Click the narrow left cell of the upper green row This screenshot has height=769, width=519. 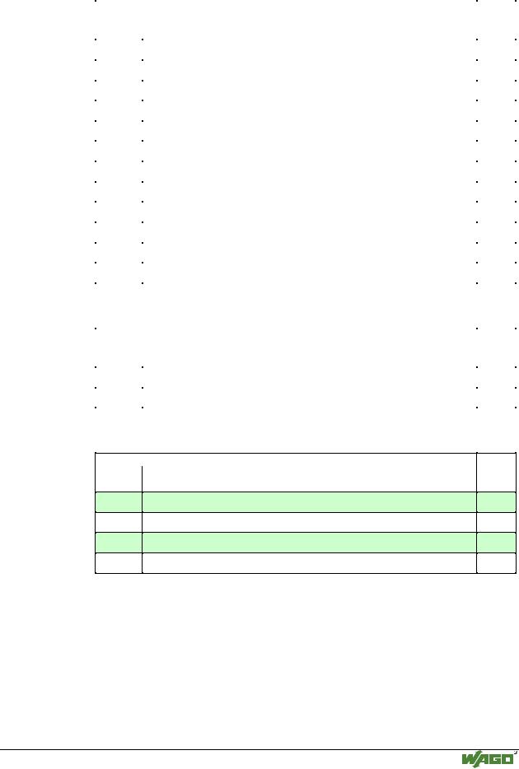[119, 502]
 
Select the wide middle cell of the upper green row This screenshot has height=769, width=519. [309, 502]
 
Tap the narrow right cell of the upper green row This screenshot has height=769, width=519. [496, 502]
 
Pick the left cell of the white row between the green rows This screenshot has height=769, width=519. [119, 522]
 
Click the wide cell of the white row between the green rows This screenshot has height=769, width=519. [309, 522]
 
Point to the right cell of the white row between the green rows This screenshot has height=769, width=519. [496, 522]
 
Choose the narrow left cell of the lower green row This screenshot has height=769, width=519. [119, 543]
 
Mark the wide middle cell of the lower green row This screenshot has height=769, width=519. [309, 543]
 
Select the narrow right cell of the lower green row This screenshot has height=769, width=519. [496, 543]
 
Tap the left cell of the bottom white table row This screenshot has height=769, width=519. [119, 563]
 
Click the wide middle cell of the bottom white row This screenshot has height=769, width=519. [309, 563]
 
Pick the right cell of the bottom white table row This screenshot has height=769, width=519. [496, 563]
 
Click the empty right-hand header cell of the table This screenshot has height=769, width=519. [496, 473]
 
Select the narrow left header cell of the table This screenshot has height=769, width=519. [119, 473]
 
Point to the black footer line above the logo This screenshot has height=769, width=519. [259, 749]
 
